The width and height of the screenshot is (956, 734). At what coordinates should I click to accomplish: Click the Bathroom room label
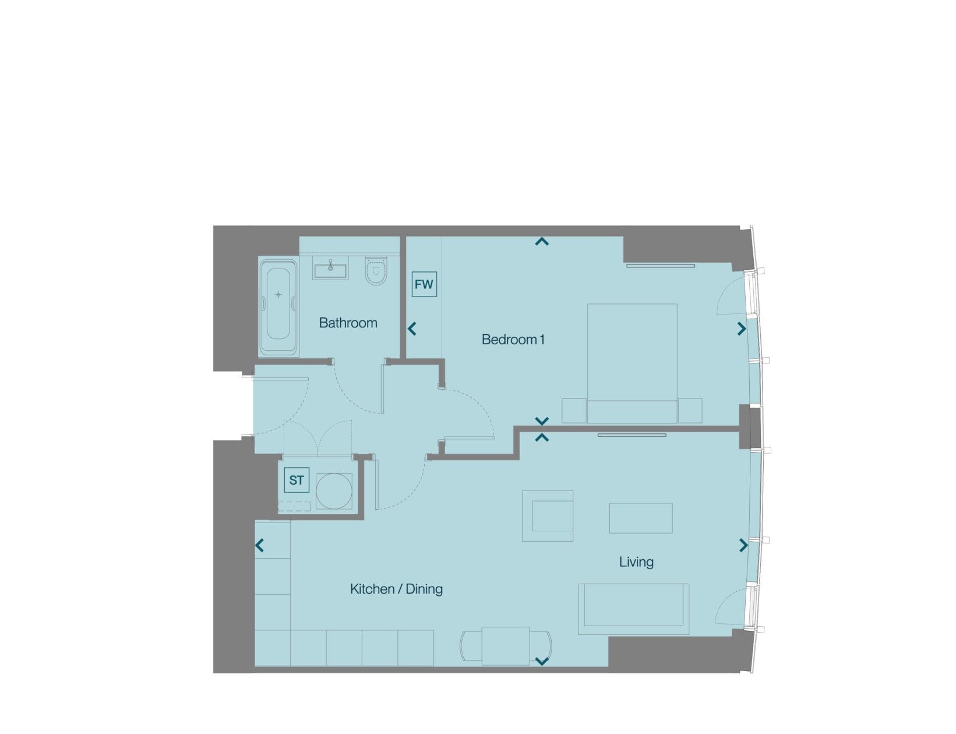tap(348, 323)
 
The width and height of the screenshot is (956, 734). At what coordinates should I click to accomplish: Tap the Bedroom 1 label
tap(513, 339)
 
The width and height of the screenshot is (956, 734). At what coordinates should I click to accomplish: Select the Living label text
tap(636, 562)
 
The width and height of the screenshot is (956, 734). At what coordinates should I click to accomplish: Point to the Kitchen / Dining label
tap(396, 589)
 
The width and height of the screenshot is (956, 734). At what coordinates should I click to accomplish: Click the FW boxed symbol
tap(424, 284)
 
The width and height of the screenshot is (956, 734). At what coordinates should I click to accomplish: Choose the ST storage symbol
tap(297, 480)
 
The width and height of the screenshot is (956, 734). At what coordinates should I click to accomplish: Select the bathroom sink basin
tap(330, 268)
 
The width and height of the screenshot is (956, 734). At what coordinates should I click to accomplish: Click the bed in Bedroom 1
tap(632, 364)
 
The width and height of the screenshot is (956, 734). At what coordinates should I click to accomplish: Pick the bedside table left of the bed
tap(574, 411)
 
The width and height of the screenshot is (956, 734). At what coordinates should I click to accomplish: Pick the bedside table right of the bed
tap(690, 411)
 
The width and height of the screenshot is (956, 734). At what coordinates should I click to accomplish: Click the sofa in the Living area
tap(633, 609)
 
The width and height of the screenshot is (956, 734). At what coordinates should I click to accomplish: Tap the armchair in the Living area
tap(548, 516)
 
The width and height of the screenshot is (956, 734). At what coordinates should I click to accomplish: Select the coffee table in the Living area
tap(641, 518)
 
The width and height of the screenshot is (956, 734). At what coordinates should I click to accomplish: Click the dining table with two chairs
tap(506, 646)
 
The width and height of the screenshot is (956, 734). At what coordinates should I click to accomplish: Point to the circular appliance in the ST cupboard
tap(334, 491)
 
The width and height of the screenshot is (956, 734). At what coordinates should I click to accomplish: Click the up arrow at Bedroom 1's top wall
tap(542, 241)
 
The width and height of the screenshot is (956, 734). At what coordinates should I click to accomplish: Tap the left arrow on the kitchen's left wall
tap(260, 545)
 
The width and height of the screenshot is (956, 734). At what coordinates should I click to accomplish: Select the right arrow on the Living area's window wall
tap(743, 545)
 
